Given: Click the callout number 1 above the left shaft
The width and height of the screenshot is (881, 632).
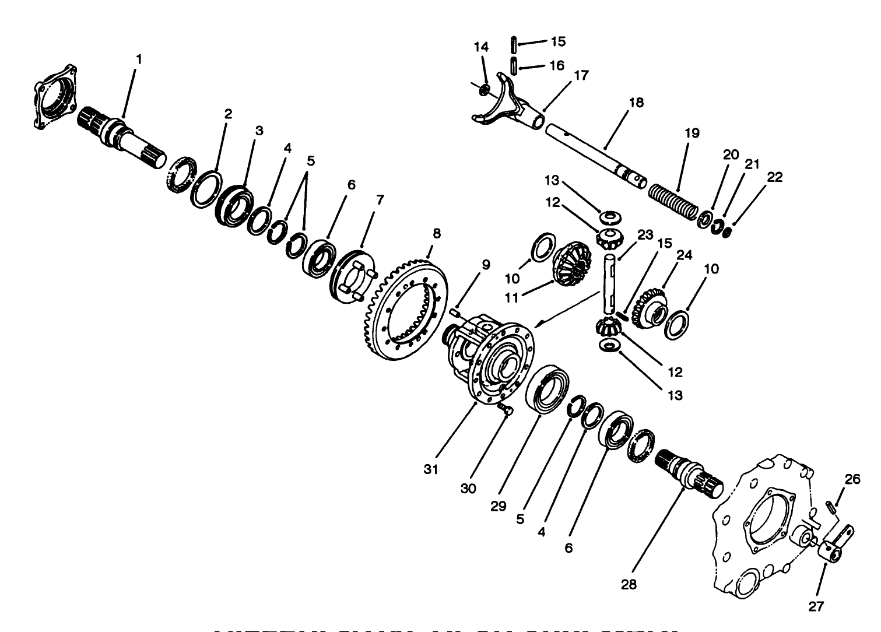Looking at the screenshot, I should pos(139,59).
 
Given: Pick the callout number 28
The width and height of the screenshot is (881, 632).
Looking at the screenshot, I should pos(629,584).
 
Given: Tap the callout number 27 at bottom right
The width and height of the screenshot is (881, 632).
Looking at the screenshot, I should pos(816,607).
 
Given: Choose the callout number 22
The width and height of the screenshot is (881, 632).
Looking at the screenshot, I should pos(775,177).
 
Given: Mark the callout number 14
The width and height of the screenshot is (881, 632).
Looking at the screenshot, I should pos(481,47).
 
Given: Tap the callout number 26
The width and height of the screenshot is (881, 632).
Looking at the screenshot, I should pos(852,479).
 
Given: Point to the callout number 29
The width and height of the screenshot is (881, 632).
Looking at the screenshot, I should pos(498,506).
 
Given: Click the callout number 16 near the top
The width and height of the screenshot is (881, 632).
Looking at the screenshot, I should pos(557,65).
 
